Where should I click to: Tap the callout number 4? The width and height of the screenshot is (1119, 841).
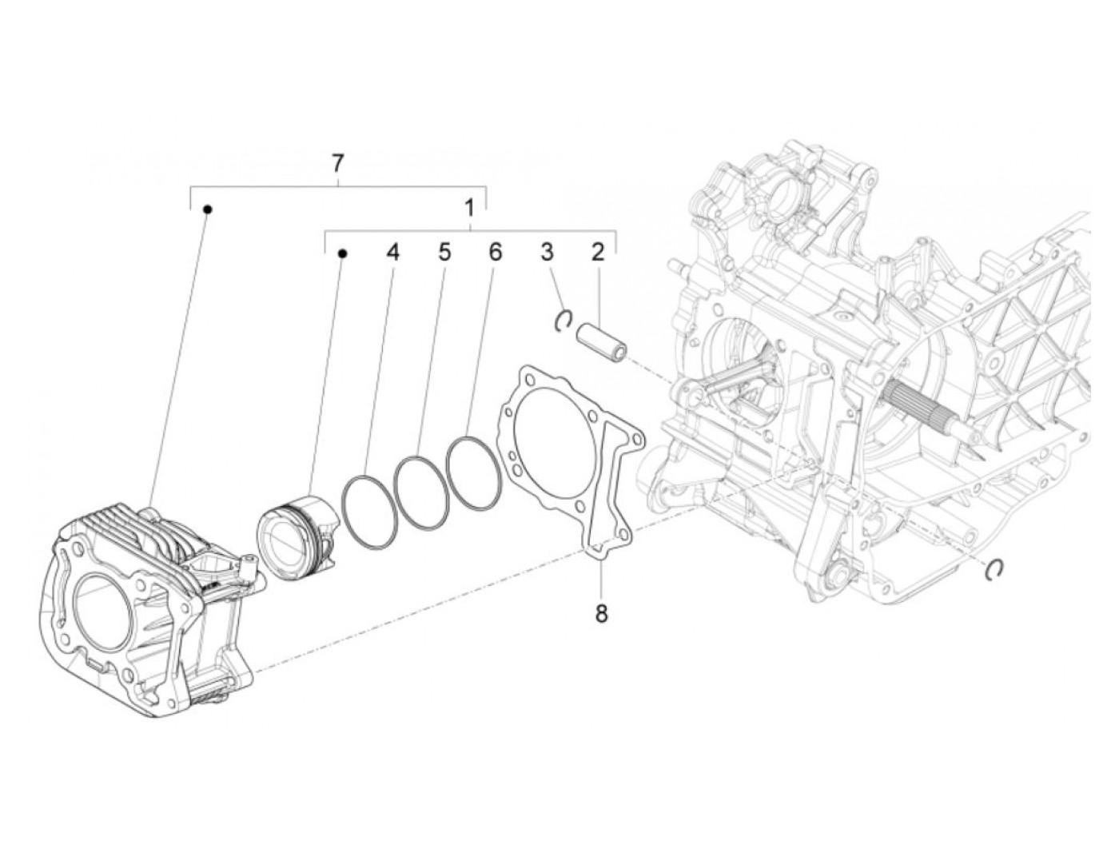(x=392, y=253)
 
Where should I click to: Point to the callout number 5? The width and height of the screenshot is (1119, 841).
(x=444, y=253)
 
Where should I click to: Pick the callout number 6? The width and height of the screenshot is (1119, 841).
(x=495, y=253)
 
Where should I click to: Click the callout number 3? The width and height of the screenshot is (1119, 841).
(x=547, y=253)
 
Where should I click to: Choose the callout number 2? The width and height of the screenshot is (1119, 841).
(x=597, y=253)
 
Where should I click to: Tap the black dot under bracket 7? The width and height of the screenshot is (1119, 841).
(x=208, y=209)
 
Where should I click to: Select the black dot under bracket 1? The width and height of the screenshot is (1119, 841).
(x=342, y=253)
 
